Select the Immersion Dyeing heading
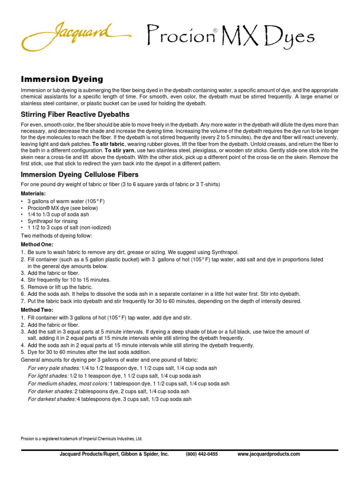click(61, 79)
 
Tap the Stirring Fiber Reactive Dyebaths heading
click(75, 114)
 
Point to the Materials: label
click(33, 194)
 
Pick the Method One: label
click(37, 245)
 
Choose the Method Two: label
click(37, 310)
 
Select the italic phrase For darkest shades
click(52, 399)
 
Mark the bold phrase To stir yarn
click(119, 151)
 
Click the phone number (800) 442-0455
click(202, 454)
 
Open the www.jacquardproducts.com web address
click(269, 454)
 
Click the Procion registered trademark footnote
click(81, 439)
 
